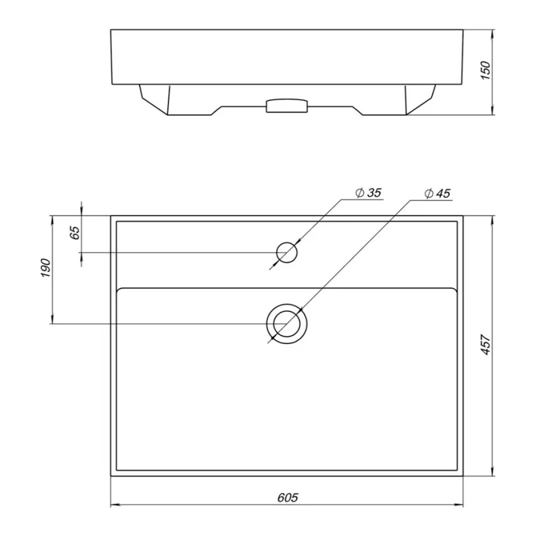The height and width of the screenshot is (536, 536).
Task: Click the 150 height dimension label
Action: [x=485, y=71]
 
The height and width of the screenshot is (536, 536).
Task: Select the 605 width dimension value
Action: [x=287, y=498]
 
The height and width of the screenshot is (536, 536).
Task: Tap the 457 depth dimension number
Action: [x=485, y=345]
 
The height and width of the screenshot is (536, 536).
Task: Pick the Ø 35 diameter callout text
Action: [x=368, y=192]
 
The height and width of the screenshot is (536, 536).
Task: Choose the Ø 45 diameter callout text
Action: [x=437, y=194]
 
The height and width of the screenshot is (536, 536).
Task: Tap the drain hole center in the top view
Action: [x=287, y=324]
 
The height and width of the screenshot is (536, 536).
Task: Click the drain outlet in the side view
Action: [x=287, y=105]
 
